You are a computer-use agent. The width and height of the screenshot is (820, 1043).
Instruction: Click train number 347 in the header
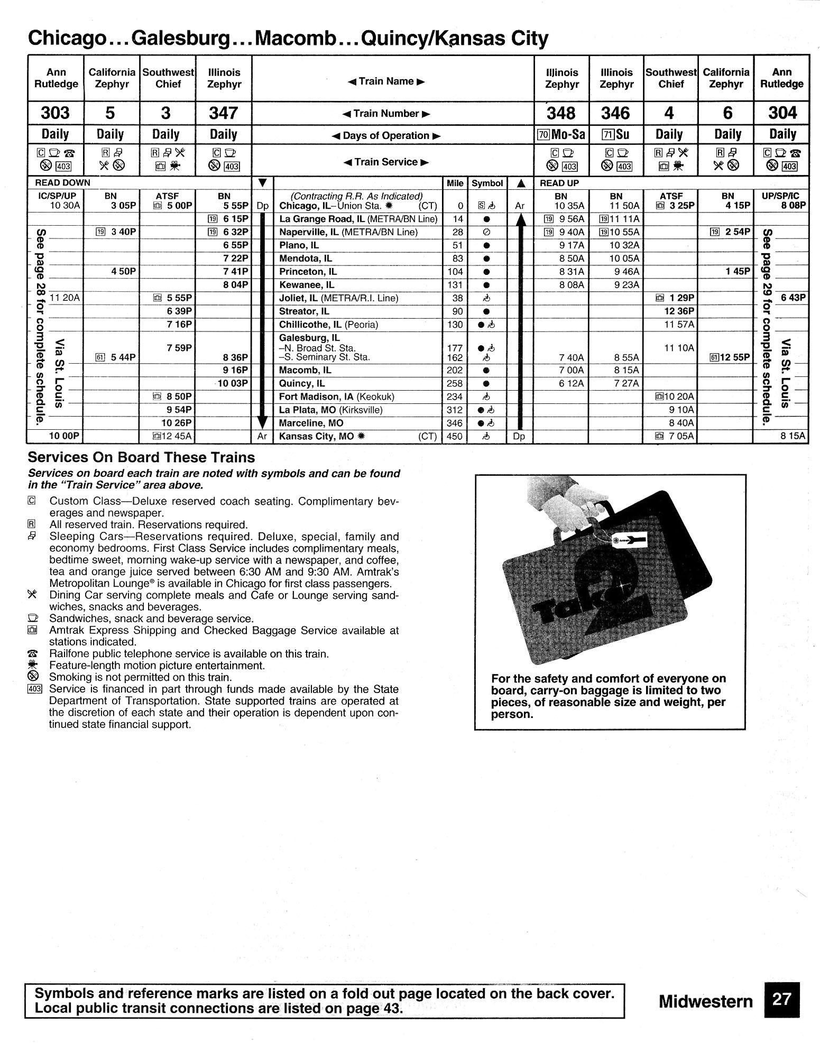224,113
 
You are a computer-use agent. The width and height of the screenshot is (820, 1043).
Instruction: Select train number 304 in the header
782,113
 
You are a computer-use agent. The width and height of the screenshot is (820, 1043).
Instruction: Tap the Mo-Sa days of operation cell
561,135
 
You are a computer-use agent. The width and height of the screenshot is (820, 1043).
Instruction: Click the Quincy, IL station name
302,383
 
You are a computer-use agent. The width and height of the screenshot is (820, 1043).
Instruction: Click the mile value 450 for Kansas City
455,436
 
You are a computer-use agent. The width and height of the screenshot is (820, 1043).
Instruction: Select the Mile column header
455,183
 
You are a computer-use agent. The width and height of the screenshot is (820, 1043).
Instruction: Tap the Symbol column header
487,183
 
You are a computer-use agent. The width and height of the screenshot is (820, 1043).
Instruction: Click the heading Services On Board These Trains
141,457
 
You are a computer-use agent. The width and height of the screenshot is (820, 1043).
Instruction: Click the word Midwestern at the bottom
705,1001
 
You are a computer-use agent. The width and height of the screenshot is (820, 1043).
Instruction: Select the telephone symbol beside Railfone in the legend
32,654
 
